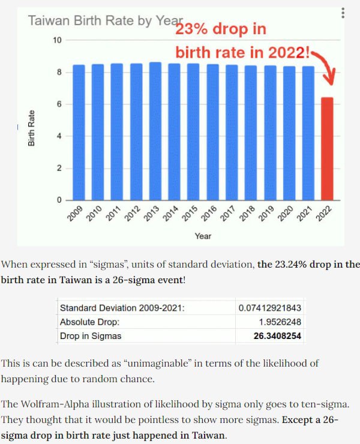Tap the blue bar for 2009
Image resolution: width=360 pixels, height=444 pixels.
point(78,132)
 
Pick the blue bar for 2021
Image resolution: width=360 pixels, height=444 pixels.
point(308,133)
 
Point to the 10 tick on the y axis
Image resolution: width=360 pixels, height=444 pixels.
point(58,40)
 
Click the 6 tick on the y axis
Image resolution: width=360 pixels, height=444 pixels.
point(59,104)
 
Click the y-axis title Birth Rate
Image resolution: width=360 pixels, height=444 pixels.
point(31,128)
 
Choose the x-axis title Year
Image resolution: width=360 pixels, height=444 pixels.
point(203,236)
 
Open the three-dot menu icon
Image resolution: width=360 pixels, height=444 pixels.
point(343,13)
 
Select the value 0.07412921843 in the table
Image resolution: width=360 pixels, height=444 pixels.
point(269,308)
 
